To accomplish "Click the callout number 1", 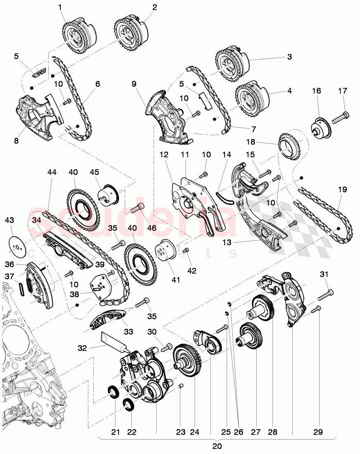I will tap(61, 7).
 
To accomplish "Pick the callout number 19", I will tap(342, 189).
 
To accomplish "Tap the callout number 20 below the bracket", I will tap(217, 446).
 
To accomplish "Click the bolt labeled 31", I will tap(326, 294).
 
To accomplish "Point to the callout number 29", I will tap(317, 432).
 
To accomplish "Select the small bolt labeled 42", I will tap(185, 250).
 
